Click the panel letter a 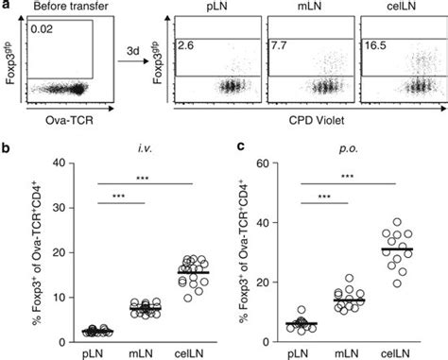coord(8,7)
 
